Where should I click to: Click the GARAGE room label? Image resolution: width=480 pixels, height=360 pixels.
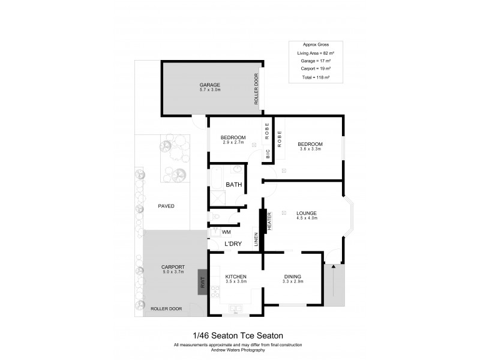[210, 85]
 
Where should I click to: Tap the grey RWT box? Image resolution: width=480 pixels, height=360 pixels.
[203, 281]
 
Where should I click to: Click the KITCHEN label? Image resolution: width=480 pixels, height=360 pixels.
[235, 277]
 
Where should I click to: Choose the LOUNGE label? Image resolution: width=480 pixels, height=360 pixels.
[306, 213]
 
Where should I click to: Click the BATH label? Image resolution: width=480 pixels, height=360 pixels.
[233, 185]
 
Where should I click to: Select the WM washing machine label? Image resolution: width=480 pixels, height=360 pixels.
[226, 232]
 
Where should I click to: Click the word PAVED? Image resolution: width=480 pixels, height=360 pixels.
[166, 206]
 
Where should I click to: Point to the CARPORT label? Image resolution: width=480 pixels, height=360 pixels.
[173, 267]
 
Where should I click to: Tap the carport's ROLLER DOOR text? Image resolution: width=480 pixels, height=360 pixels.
[166, 309]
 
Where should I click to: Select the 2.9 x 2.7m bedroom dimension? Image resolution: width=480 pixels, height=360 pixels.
[233, 142]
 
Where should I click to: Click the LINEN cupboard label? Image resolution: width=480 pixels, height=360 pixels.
[256, 238]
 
